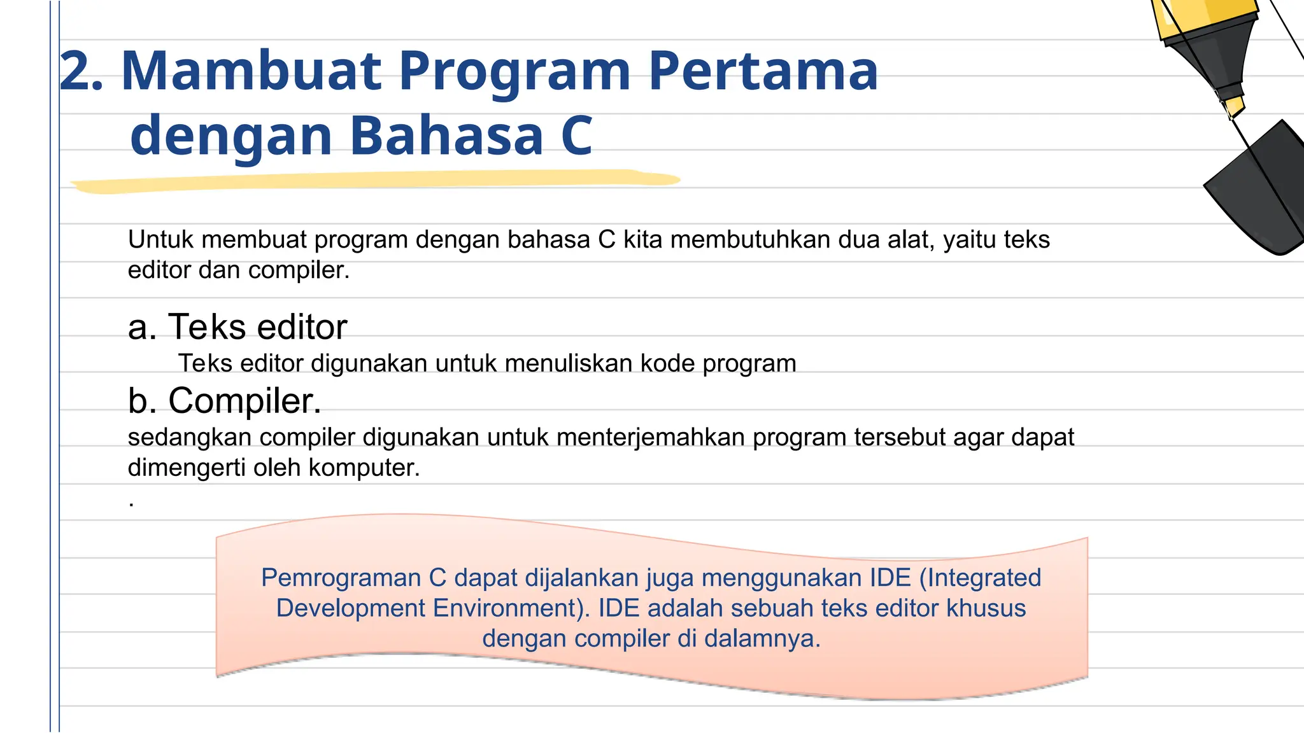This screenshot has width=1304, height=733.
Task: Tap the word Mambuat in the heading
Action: click(x=252, y=71)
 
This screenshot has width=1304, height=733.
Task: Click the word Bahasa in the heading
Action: click(x=446, y=136)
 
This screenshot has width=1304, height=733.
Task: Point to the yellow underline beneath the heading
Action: click(x=376, y=181)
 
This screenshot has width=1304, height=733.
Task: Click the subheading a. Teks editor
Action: click(x=237, y=327)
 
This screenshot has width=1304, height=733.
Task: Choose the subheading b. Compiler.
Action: click(x=225, y=401)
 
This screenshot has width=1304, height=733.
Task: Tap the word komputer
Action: click(x=364, y=468)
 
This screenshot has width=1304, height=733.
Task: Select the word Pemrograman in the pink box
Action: click(x=341, y=578)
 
